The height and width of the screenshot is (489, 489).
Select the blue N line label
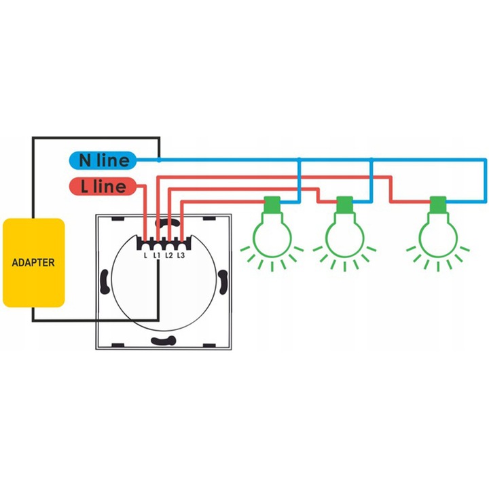103,160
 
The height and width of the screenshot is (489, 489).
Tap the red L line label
103,186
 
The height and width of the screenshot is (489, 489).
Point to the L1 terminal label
157,256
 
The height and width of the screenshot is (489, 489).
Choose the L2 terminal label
169,256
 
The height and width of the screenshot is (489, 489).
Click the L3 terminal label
181,256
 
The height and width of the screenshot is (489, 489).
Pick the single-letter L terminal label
145,256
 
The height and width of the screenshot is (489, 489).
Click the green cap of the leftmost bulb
272,204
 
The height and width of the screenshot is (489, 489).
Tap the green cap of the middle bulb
344,204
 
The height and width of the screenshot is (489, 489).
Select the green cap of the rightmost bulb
437,204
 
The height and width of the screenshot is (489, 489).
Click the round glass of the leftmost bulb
272,234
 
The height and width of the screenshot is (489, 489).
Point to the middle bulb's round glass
344,234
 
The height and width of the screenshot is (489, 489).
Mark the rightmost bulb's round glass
437,234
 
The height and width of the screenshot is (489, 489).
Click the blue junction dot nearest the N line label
158,160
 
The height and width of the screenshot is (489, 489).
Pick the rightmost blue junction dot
372,160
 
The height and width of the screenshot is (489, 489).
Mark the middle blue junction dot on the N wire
300,160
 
